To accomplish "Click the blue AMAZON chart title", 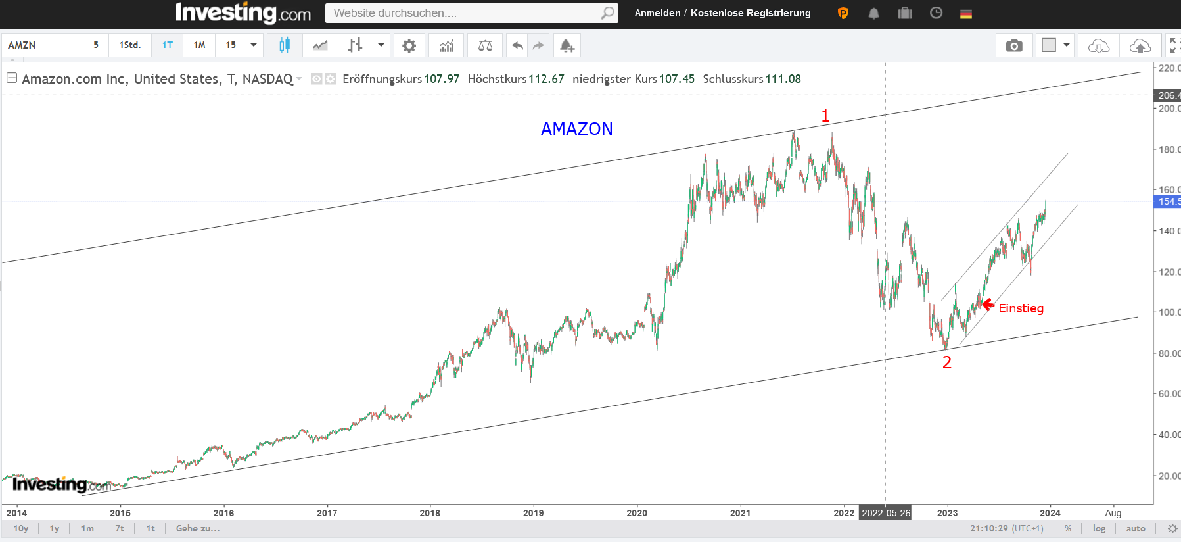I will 576,129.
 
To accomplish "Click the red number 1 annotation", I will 825,116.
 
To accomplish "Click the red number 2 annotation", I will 946,362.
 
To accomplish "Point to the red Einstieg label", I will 1021,308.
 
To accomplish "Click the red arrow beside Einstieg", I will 987,305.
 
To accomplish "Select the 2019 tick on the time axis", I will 533,513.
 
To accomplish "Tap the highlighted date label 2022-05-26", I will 885,513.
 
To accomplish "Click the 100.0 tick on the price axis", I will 1169,312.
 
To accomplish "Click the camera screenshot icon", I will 1013,45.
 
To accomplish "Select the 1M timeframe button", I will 199,45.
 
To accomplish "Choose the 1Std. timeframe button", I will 129,45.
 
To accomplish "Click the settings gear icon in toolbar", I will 409,45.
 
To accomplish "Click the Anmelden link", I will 657,13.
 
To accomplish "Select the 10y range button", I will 21,528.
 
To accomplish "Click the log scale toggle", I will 1099,528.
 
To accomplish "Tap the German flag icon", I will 965,13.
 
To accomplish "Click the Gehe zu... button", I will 198,528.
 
